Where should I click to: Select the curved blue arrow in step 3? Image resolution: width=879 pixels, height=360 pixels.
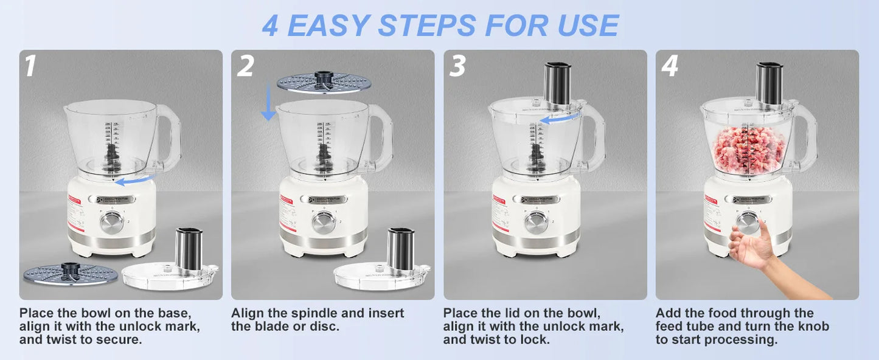coord(558,120)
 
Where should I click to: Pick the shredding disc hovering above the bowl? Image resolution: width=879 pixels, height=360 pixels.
coord(322,83)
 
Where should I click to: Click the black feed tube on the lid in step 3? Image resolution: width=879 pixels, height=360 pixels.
coord(557,83)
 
